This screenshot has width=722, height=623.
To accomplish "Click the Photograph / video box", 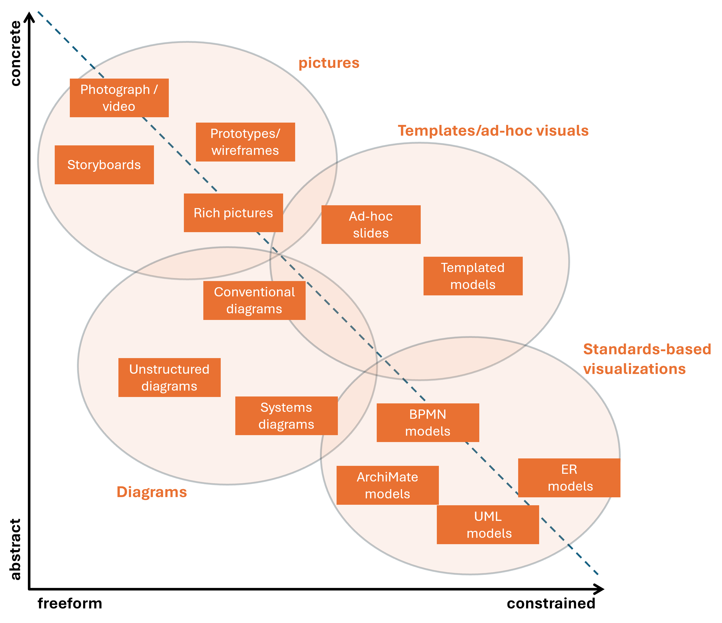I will click(x=119, y=98).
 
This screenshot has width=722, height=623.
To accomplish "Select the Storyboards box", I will click(x=104, y=165).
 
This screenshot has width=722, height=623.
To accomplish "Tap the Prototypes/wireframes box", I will click(x=245, y=142).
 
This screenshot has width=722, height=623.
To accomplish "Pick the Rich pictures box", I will click(x=233, y=213).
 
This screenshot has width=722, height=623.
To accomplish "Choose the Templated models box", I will click(x=473, y=276).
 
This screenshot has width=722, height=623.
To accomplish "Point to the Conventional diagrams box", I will click(x=254, y=300).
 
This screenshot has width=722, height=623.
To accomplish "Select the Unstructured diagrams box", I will click(x=169, y=378).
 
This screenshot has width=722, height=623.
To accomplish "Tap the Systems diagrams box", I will click(x=286, y=416).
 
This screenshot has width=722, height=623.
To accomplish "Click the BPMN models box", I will click(x=428, y=423).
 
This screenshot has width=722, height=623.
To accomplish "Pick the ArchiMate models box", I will click(x=387, y=485).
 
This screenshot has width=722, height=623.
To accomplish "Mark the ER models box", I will click(x=569, y=478).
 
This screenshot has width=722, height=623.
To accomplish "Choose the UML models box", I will click(x=488, y=525).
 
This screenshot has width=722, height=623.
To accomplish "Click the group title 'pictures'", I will click(x=329, y=63).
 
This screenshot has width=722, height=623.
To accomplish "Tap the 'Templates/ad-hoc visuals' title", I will click(x=493, y=131).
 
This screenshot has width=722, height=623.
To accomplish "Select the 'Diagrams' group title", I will click(x=152, y=492).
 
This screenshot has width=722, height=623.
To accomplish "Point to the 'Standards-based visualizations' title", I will click(x=647, y=359).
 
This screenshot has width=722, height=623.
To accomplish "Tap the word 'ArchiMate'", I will click(x=387, y=477).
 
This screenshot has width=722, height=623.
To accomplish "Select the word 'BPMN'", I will click(x=428, y=414).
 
